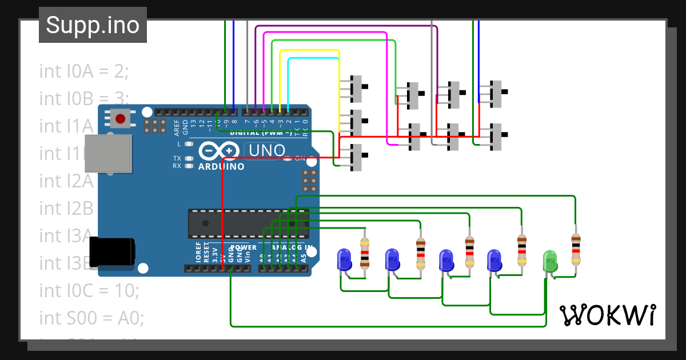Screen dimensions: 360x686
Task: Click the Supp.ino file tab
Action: pyautogui.click(x=93, y=25)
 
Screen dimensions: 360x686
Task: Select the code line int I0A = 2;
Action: pyautogui.click(x=84, y=71)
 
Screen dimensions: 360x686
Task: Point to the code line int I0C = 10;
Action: pyautogui.click(x=89, y=290)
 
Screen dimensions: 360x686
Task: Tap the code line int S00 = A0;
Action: pyautogui.click(x=88, y=317)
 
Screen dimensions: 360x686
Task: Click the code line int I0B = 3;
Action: pyautogui.click(x=84, y=98)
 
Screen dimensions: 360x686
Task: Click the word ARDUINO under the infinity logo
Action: pyautogui.click(x=221, y=167)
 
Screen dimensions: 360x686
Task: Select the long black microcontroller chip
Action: pyautogui.click(x=249, y=223)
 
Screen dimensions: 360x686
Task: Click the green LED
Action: pyautogui.click(x=549, y=261)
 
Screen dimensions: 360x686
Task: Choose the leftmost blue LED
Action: pyautogui.click(x=344, y=259)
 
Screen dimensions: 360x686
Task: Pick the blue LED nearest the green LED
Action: pyautogui.click(x=494, y=261)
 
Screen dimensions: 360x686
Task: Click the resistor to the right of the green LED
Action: pyautogui.click(x=575, y=250)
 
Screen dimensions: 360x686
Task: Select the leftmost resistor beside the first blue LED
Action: pyautogui.click(x=365, y=253)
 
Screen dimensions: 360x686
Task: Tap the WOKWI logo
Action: pyautogui.click(x=607, y=315)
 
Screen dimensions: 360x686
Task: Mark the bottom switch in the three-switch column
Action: pyautogui.click(x=357, y=158)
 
